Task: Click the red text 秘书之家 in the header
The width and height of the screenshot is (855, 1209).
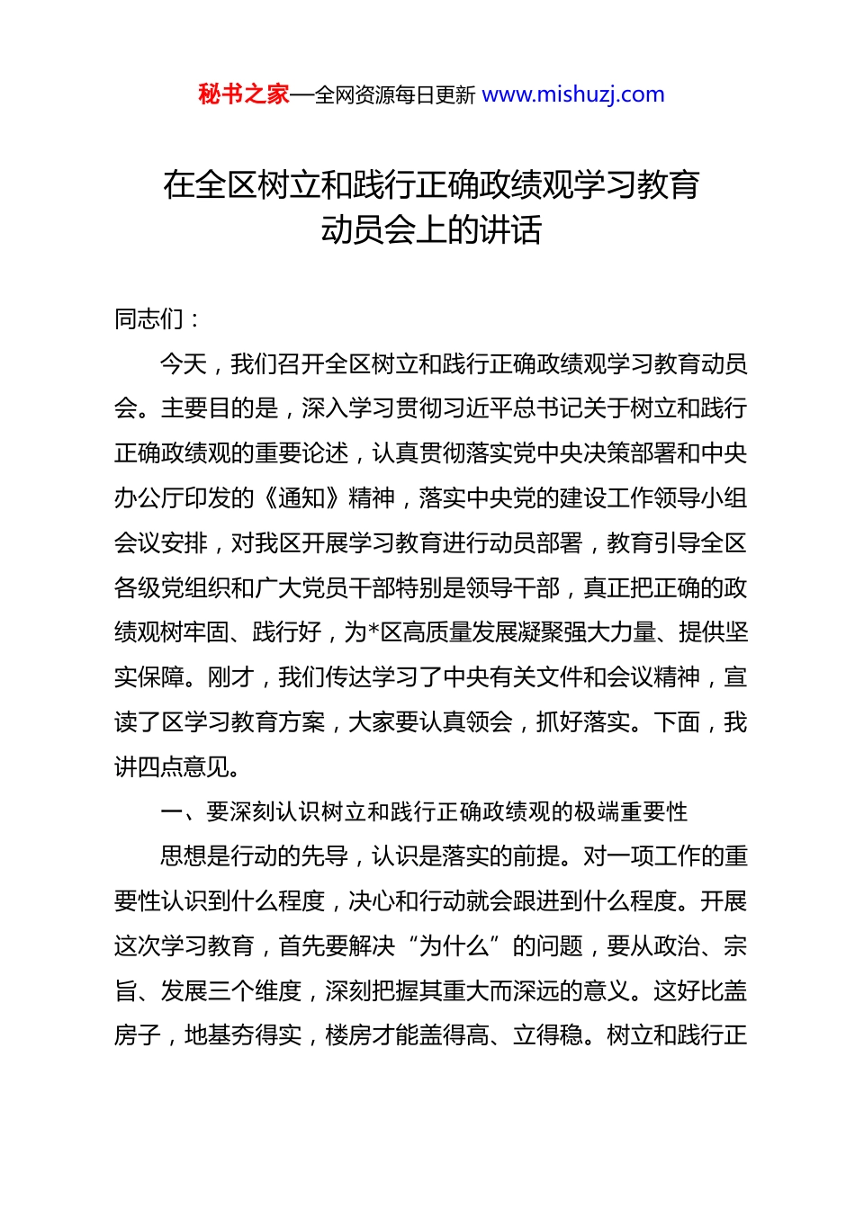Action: click(x=243, y=94)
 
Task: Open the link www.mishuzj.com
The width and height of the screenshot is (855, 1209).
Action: click(x=573, y=94)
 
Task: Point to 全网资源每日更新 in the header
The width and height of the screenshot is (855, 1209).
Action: click(x=394, y=95)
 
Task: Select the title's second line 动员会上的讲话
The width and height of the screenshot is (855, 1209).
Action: click(x=431, y=230)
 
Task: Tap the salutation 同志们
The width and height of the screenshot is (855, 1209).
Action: click(x=149, y=319)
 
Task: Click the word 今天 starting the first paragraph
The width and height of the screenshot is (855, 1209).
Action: click(x=184, y=364)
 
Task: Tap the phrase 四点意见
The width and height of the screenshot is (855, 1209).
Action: click(x=184, y=767)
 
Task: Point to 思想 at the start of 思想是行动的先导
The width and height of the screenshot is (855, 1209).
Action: click(x=184, y=856)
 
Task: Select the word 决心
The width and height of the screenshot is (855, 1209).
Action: click(x=372, y=901)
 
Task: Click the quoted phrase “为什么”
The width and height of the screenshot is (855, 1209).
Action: click(x=454, y=946)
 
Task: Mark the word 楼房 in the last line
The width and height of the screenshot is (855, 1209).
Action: click(x=348, y=1036)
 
